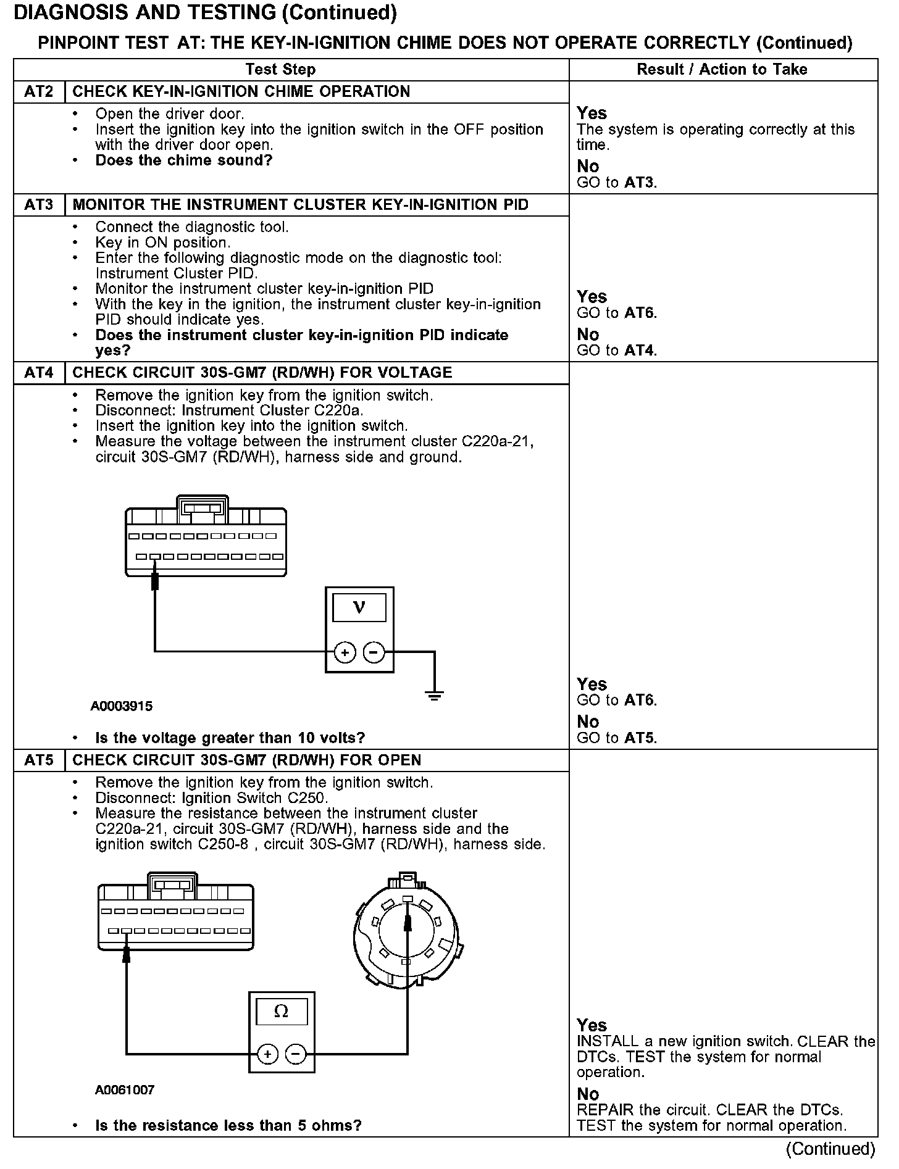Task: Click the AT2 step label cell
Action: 39,92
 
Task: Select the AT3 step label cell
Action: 39,205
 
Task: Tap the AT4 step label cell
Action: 39,373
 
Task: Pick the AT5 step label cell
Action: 39,760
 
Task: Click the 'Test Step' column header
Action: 280,70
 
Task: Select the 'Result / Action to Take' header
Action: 722,70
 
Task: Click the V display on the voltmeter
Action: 359,607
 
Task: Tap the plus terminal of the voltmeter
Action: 345,652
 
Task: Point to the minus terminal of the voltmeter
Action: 374,652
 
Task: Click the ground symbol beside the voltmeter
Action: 435,696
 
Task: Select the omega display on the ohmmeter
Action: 282,1012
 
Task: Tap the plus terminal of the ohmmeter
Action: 267,1054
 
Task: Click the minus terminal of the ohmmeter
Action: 296,1054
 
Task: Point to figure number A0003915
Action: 122,706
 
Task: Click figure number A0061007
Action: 125,1090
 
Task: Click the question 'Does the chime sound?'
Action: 184,160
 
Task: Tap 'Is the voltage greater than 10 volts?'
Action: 230,738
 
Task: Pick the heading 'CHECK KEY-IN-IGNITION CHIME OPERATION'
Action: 241,92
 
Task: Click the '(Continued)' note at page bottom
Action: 830,1149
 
